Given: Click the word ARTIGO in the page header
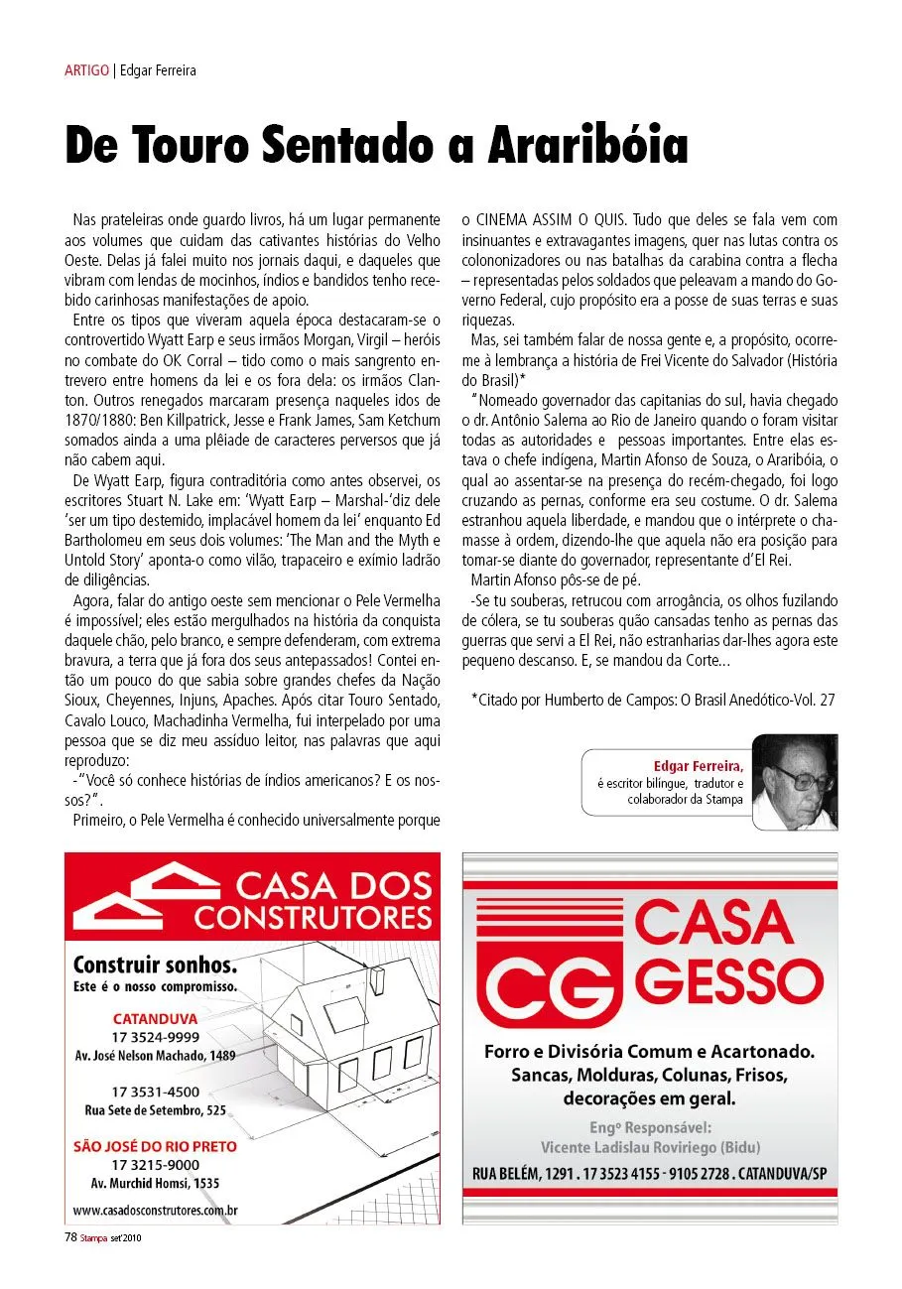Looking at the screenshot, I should (x=87, y=70).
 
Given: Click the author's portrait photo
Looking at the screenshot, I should (x=794, y=782).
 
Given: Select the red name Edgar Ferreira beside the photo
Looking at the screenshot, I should (x=698, y=766).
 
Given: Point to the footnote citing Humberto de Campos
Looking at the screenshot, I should (x=652, y=699).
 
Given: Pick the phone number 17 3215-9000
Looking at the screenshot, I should (x=156, y=1165).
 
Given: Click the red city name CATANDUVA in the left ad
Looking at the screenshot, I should (x=155, y=1019).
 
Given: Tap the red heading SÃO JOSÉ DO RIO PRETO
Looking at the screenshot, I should (x=156, y=1146).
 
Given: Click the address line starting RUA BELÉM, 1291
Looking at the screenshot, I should (x=650, y=1174).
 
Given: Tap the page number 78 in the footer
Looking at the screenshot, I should (x=70, y=1237).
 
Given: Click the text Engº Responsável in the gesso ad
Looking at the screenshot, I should (x=650, y=1127).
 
